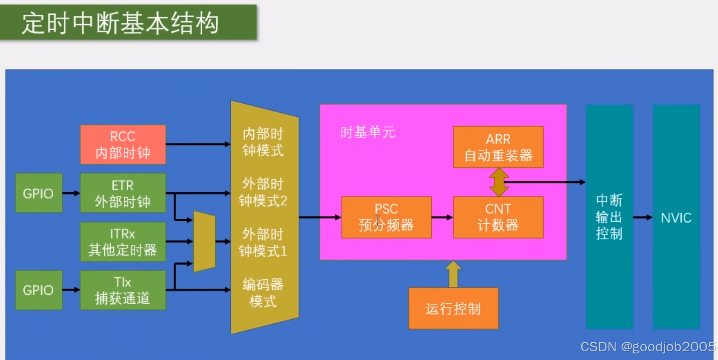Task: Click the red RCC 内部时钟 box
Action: (x=123, y=144)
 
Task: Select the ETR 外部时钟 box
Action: (x=123, y=193)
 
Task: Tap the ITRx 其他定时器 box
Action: (x=123, y=242)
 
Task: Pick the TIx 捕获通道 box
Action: (x=123, y=290)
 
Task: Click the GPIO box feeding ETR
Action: (x=38, y=193)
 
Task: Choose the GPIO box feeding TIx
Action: (x=38, y=290)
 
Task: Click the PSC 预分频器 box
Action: (x=386, y=217)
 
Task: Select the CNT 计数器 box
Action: (x=498, y=217)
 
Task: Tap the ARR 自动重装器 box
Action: (x=498, y=147)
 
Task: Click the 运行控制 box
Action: (x=453, y=309)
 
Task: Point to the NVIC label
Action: (x=676, y=218)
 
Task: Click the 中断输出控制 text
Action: (x=609, y=217)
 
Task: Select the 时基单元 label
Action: (x=368, y=132)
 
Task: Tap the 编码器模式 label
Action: (x=263, y=293)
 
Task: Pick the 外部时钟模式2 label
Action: (x=263, y=192)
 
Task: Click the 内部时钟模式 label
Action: (x=263, y=142)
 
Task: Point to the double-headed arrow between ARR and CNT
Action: (x=498, y=182)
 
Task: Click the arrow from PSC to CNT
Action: (x=442, y=217)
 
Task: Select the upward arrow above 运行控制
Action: (x=453, y=274)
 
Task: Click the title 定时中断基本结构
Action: (x=121, y=23)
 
